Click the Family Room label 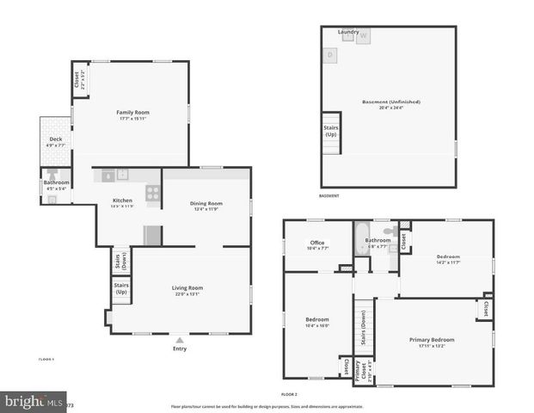(x=133, y=113)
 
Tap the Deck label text (x=55, y=139)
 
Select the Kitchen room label (x=122, y=200)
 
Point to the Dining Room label (x=206, y=203)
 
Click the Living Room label (x=187, y=287)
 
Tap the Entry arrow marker (x=179, y=339)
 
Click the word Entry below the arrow (x=179, y=348)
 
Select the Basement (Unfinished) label (x=391, y=102)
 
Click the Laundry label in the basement (x=348, y=32)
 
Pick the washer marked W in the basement (x=363, y=36)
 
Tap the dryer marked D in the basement (x=330, y=55)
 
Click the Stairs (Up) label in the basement (x=331, y=131)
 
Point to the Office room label (x=317, y=243)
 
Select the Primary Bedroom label (x=432, y=340)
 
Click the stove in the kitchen (x=152, y=194)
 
